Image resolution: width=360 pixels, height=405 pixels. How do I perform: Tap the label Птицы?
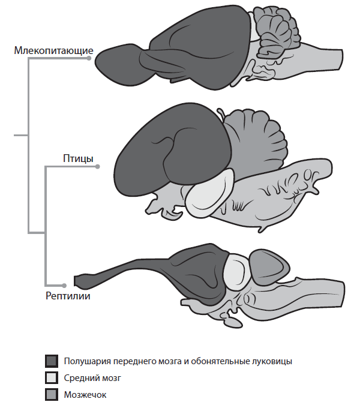click(78, 158)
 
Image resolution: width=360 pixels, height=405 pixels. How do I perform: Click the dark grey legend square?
click(52, 361)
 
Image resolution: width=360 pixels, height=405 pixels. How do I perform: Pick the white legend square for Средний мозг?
click(52, 378)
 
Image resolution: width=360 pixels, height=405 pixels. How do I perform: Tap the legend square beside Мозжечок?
click(52, 394)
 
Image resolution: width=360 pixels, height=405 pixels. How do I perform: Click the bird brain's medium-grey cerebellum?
click(255, 135)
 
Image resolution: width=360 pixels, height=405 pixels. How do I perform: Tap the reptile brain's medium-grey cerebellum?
click(266, 266)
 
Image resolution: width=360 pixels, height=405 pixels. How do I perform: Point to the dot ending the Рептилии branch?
click(64, 284)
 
